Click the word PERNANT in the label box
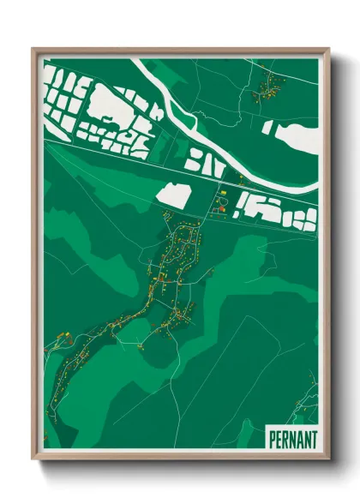(292, 438)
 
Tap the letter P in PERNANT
(272, 438)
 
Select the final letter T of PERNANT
(313, 438)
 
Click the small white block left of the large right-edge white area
(268, 128)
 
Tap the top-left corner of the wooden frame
(33, 50)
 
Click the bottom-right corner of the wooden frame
(327, 459)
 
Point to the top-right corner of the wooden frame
(327, 50)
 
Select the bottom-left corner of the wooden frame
(33, 459)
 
